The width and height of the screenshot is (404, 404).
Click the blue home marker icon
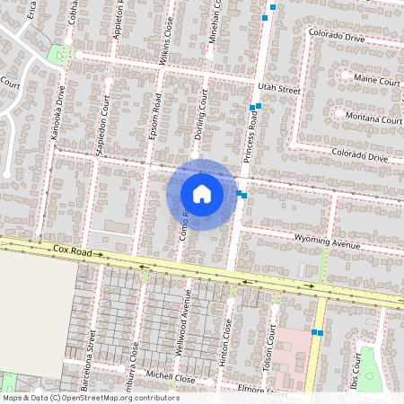[x=202, y=194]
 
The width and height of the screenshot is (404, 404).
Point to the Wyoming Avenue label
[x=327, y=242]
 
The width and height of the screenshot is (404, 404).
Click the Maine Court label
[x=377, y=80]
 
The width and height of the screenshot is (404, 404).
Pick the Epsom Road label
[x=154, y=125]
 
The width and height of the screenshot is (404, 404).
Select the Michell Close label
[x=171, y=379]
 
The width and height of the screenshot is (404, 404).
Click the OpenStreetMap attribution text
[x=91, y=398]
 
